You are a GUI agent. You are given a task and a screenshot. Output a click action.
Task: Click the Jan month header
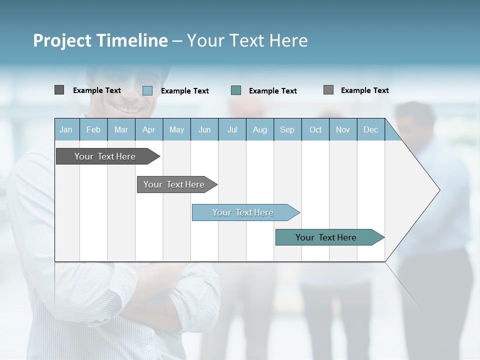pyautogui.click(x=66, y=129)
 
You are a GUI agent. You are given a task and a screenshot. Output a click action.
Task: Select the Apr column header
pyautogui.click(x=148, y=129)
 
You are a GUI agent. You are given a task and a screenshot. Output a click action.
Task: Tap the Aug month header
pyautogui.click(x=259, y=129)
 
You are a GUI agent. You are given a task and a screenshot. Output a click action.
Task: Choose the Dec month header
pyautogui.click(x=370, y=129)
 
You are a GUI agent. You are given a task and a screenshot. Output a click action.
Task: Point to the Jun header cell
pyautogui.click(x=204, y=129)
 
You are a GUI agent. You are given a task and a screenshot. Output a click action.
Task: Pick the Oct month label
pyautogui.click(x=315, y=129)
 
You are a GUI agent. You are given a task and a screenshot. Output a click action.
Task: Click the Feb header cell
pyautogui.click(x=93, y=129)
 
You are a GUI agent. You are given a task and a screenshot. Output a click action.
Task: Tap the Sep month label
pyautogui.click(x=287, y=129)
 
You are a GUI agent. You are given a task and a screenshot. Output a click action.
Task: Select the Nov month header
pyautogui.click(x=342, y=129)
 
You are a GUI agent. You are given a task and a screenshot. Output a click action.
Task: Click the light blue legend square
pyautogui.click(x=147, y=90)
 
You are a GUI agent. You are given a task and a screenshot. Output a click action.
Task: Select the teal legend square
pyautogui.click(x=236, y=90)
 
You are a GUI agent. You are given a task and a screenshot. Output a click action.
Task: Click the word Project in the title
pyautogui.click(x=62, y=40)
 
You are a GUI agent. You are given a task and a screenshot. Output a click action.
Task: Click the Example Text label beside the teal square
pyautogui.click(x=272, y=90)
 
